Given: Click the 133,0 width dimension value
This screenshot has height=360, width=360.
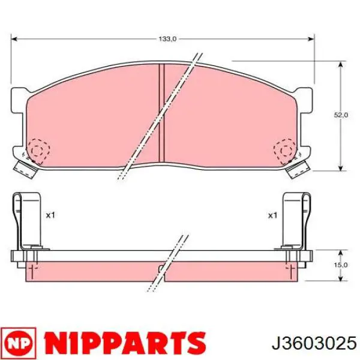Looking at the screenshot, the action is point(167,39).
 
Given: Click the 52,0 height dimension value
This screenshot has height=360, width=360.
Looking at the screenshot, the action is point(341,115).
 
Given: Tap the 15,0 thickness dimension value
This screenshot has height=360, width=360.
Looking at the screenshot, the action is point(341,265).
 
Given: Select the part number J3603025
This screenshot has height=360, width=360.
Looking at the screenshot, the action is point(314,343).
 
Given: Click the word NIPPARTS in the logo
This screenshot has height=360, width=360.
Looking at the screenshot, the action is point(125,343).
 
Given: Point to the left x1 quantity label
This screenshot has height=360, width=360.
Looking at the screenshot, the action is point(50,215).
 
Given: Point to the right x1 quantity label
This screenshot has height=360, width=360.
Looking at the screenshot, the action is point(272,215).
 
